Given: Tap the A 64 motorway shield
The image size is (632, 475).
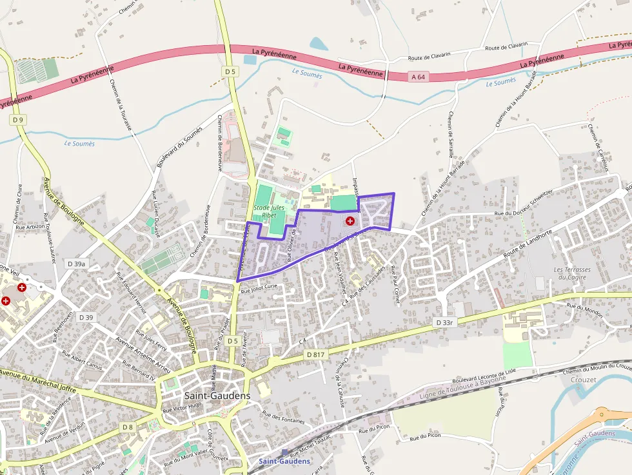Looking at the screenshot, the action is tap(418, 77).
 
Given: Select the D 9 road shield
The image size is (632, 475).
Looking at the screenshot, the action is tap(17, 120).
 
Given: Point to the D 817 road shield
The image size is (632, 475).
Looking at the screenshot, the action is tap(315, 354).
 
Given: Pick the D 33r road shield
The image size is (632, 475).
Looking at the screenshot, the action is tap(445, 322).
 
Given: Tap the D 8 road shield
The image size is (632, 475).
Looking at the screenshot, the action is tap(128, 427).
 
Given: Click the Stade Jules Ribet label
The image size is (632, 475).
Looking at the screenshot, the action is tap(269, 211).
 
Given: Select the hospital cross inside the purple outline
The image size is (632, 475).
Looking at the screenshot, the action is tap(350, 221).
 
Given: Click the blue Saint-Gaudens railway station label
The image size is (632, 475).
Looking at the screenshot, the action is tap(284, 461).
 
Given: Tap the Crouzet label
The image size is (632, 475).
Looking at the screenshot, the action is tap(584, 380).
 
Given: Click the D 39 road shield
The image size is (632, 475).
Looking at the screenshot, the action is tap(86, 317).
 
